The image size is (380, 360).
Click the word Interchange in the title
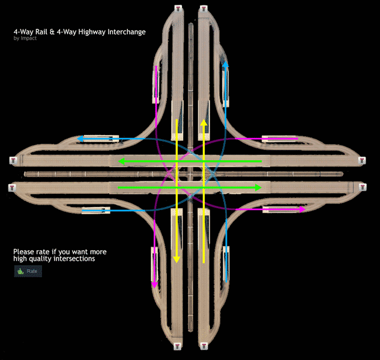coord(124,32)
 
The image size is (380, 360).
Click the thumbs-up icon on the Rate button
coord(20,271)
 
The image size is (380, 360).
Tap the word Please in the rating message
coord(23,251)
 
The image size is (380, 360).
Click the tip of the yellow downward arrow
coord(176,260)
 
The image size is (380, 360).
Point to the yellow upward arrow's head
coord(204,122)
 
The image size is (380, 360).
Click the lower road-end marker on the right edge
coord(361,188)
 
